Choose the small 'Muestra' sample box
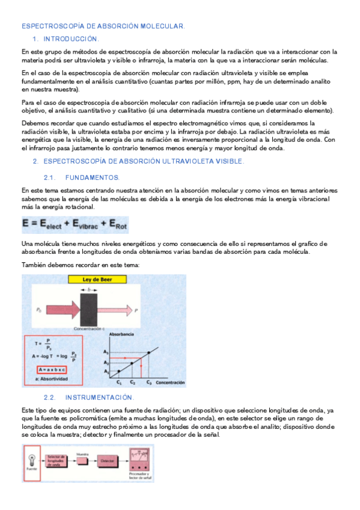(x=83, y=460)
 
